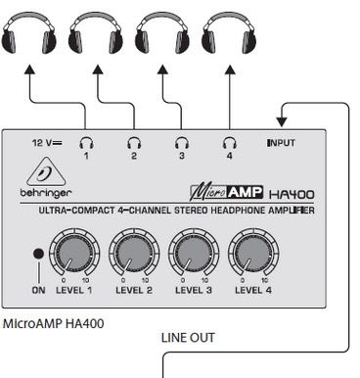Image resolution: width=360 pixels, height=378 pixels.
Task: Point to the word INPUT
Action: (281, 143)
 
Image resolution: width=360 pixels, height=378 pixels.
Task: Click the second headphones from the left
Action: (95, 34)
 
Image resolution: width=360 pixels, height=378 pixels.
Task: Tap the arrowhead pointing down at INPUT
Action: (281, 122)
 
